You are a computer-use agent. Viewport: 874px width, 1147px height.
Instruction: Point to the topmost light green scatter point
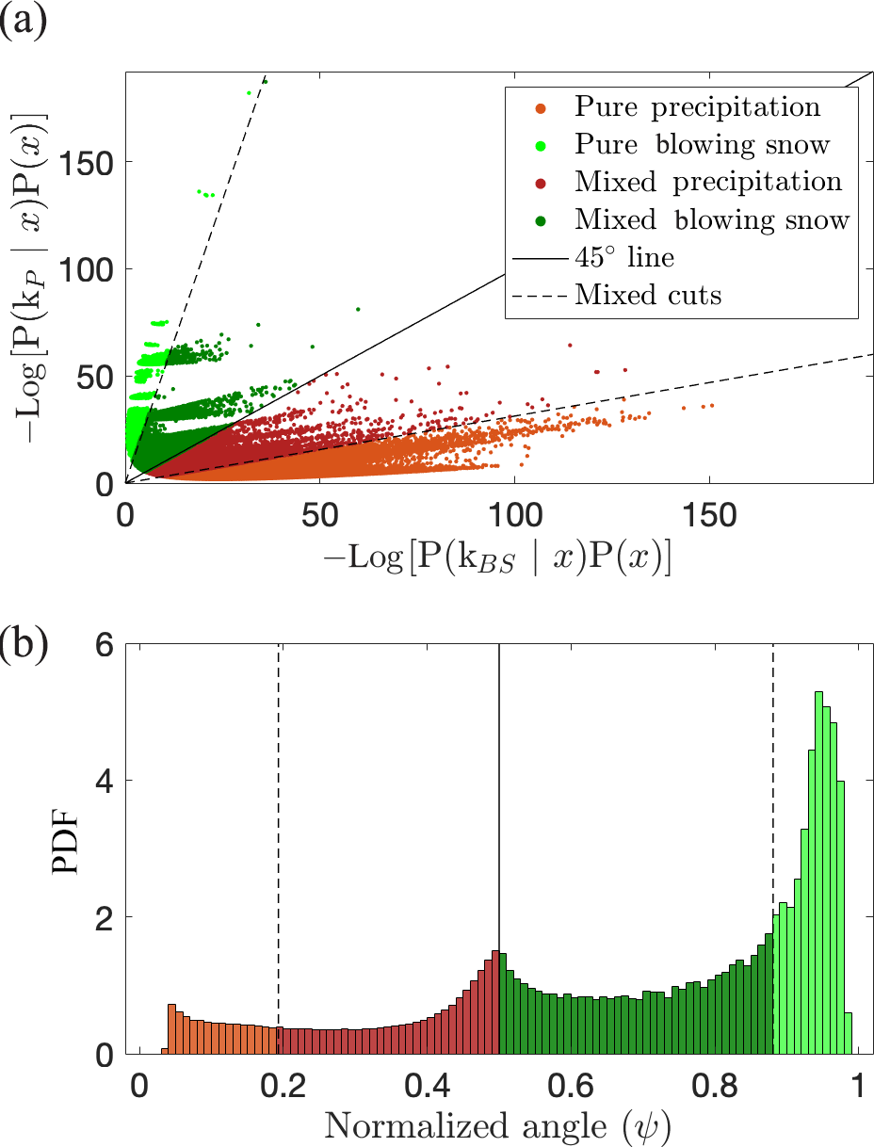coord(266,82)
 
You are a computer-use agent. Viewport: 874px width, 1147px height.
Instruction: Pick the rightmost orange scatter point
coord(712,406)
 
